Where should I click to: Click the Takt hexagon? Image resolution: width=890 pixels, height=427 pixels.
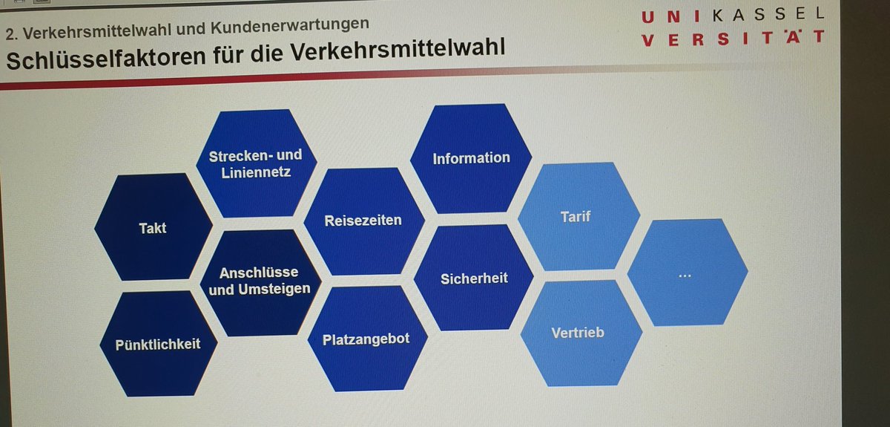[153, 227]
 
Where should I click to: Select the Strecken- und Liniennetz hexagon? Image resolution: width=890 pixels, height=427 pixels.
[255, 163]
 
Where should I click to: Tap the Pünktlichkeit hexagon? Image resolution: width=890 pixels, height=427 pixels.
[158, 344]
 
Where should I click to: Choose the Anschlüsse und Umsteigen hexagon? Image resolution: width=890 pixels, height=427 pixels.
[260, 281]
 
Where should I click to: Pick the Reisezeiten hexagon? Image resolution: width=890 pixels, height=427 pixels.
[363, 221]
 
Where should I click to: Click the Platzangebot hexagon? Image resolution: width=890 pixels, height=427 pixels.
[366, 339]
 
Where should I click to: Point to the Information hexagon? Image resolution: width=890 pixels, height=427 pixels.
[471, 158]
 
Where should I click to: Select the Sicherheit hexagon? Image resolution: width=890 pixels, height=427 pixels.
[474, 278]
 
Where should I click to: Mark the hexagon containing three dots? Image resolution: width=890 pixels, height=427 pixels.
[685, 273]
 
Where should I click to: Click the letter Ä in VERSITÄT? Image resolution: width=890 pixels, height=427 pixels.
[793, 38]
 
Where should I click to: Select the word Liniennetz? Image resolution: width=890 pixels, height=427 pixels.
[255, 172]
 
